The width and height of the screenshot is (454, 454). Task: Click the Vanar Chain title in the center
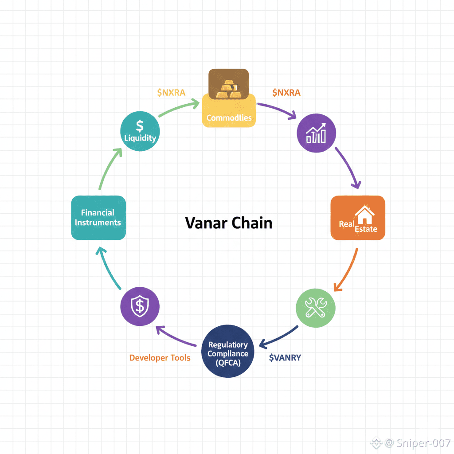[x=228, y=223]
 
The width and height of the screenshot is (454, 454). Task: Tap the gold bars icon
[x=228, y=87]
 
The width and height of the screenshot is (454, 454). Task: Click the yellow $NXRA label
[x=171, y=92]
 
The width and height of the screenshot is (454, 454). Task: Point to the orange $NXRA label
[x=286, y=92]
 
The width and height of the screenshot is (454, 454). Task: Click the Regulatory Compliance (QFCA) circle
[x=228, y=351]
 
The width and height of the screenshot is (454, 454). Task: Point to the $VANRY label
[x=285, y=357]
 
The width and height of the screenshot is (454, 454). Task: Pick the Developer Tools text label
[x=160, y=357]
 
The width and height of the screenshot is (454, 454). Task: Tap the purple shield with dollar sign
[x=140, y=306]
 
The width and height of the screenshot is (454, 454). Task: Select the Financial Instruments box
[x=98, y=218]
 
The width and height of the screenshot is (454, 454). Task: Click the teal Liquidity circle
[x=140, y=131]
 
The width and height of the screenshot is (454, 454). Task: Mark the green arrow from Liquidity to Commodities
[x=176, y=108]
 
